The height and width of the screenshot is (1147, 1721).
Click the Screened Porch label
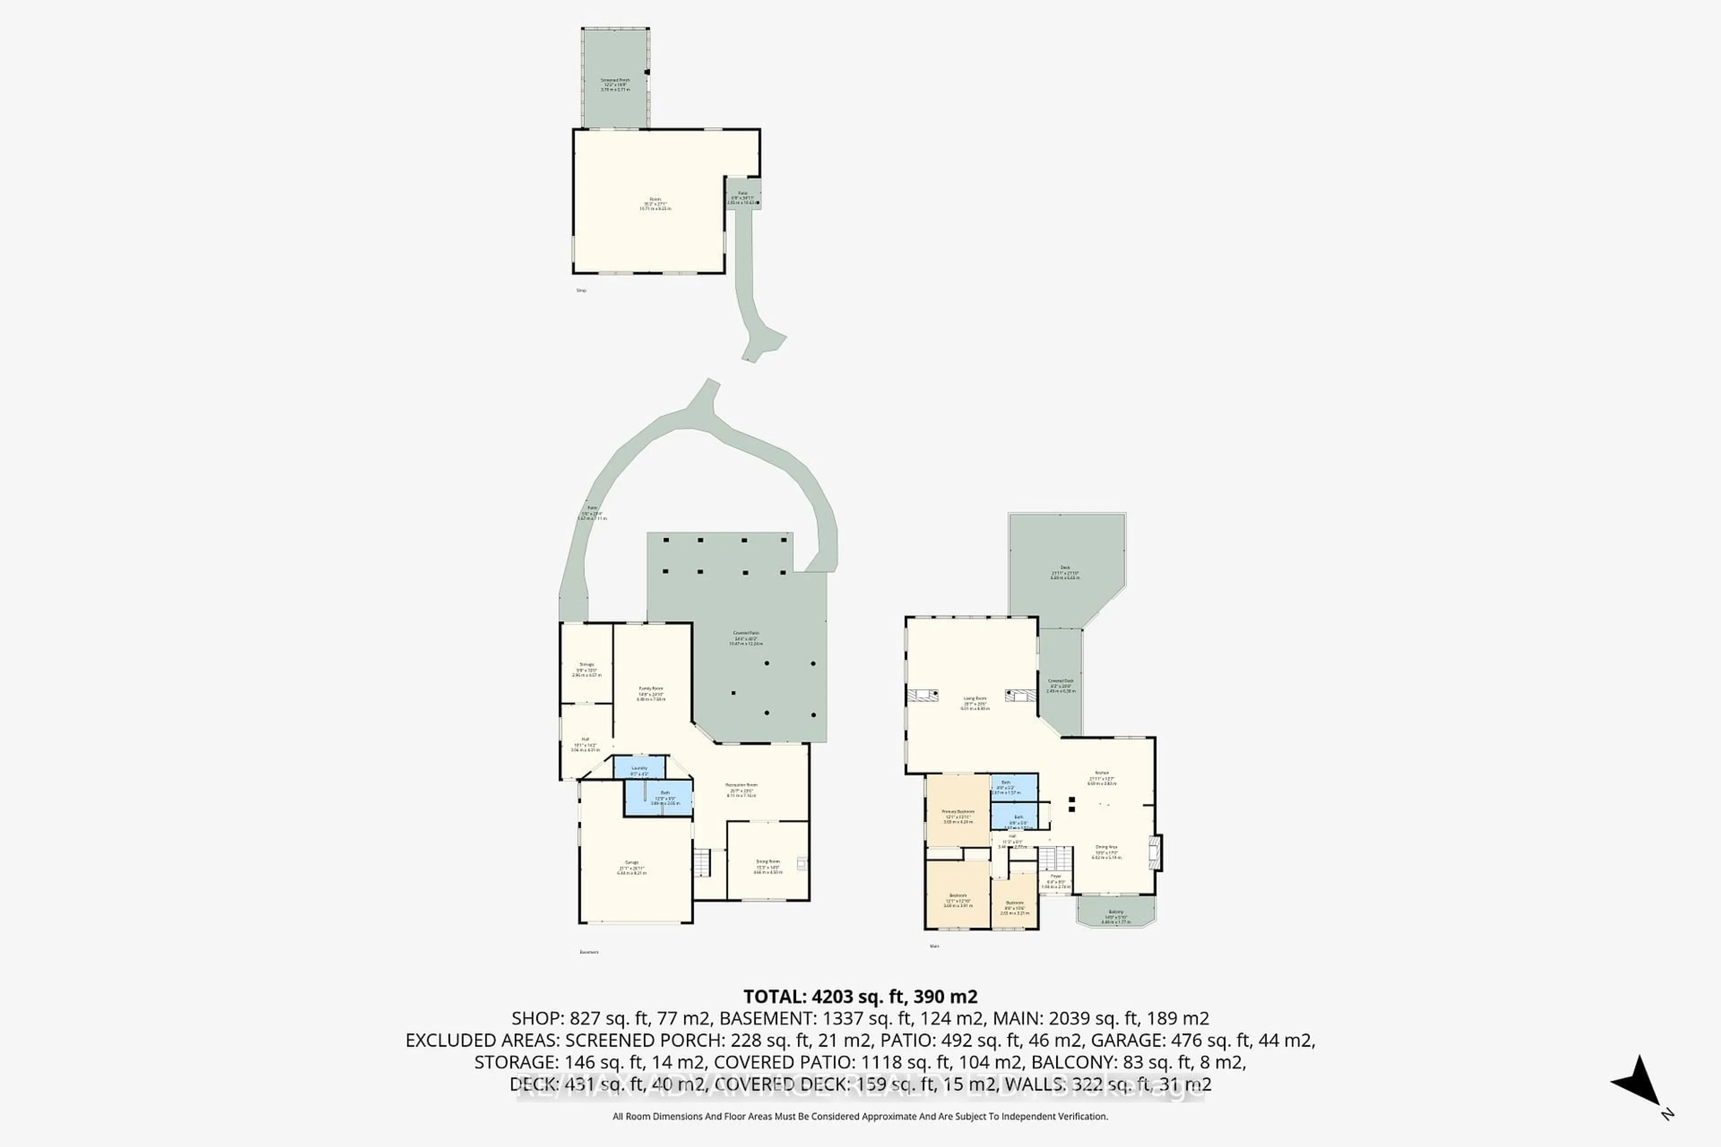pos(614,81)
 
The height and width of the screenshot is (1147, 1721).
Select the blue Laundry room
pos(639,768)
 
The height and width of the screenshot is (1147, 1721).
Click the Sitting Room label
pos(768,862)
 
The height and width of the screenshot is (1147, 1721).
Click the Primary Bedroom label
pos(958,812)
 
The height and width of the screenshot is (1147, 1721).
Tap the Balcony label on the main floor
pos(1115,912)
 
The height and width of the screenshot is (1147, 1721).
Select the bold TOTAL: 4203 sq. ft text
pos(860,996)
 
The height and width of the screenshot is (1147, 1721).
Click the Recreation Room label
pos(741,785)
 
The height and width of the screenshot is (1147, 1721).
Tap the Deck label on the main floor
pos(1065,568)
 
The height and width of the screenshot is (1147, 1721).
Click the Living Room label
pos(975,699)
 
